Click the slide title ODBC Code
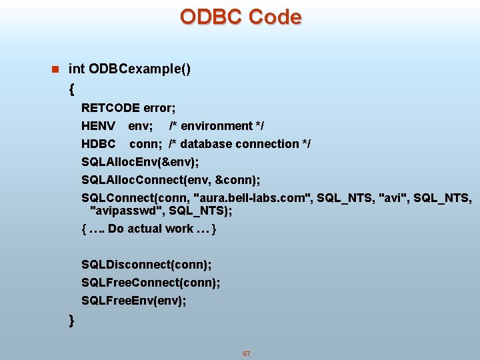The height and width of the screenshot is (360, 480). pos(240,17)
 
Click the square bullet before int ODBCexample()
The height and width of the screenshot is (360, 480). pos(55,69)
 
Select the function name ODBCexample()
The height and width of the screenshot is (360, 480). pos(140,69)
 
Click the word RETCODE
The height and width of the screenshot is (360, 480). pos(111,108)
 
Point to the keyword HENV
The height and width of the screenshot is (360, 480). pos(98,126)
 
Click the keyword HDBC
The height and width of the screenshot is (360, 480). pos(99,144)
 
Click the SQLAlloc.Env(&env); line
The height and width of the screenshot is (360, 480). pos(140,162)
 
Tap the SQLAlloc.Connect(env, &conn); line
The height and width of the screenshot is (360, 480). pos(171,180)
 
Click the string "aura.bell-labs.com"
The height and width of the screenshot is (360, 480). pos(251,198)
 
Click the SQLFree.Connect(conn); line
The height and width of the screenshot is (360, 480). pos(151,283)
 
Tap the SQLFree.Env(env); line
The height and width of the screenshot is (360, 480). pos(134,301)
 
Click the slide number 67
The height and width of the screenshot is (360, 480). pos(246,353)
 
